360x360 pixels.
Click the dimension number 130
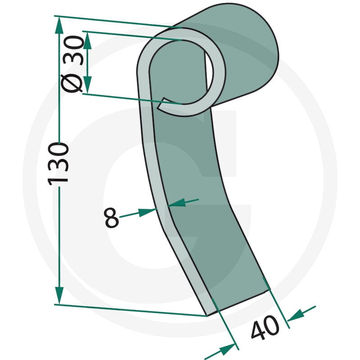click(x=58, y=164)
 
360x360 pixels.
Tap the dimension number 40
click(x=265, y=328)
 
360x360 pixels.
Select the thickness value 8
click(x=112, y=217)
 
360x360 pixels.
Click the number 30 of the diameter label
click(x=73, y=50)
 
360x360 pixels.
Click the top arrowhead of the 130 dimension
click(x=59, y=26)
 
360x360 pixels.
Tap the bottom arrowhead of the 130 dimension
click(x=59, y=295)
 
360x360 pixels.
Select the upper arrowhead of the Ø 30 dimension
click(x=87, y=40)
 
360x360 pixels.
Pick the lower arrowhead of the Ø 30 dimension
click(x=87, y=85)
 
